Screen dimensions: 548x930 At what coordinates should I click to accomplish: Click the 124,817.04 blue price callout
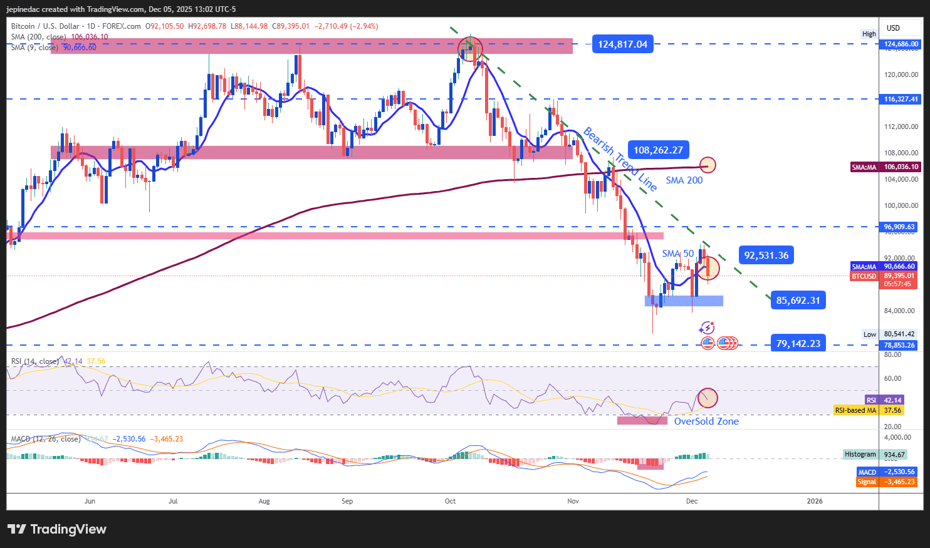(x=622, y=44)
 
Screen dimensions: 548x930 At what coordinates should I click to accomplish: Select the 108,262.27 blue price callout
(x=658, y=150)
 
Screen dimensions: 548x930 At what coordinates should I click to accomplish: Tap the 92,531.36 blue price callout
(x=766, y=255)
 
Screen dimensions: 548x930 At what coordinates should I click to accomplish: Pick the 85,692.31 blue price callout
(x=798, y=300)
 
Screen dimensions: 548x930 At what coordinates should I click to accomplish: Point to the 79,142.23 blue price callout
(x=798, y=343)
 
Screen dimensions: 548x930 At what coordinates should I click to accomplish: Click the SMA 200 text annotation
(x=684, y=180)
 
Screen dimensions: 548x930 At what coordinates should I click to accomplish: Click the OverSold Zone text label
(x=706, y=421)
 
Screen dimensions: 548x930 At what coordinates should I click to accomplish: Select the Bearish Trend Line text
(x=620, y=159)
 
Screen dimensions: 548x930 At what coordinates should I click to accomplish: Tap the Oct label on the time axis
(x=450, y=501)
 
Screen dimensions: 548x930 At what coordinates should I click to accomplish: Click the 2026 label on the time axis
(x=814, y=501)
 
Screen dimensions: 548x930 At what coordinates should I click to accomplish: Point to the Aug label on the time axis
(x=264, y=501)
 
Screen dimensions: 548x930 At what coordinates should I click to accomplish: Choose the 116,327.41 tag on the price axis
(x=901, y=99)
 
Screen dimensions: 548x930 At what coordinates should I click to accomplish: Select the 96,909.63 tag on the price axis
(x=901, y=227)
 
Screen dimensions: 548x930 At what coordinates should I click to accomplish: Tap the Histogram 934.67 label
(x=880, y=454)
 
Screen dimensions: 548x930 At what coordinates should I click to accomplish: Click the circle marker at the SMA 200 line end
(x=708, y=165)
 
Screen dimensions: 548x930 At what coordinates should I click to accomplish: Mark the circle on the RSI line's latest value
(x=708, y=398)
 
